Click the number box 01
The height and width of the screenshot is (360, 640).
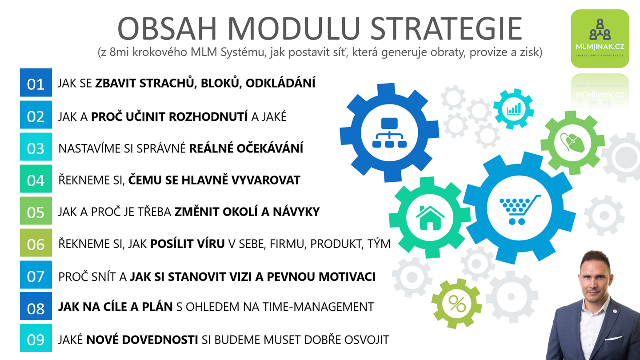[36, 82]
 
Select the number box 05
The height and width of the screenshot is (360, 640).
[36, 211]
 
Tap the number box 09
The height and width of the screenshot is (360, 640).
[36, 338]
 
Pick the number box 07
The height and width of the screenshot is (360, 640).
[36, 275]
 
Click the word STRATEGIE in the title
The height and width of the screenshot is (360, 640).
[446, 28]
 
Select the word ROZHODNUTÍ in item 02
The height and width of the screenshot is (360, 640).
[208, 116]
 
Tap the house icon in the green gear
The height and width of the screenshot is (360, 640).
[430, 218]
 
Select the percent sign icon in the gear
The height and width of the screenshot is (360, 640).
[457, 304]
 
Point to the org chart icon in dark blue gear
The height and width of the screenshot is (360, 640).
[389, 132]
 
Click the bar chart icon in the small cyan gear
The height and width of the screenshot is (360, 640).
[514, 109]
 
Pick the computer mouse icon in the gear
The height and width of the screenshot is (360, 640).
[572, 143]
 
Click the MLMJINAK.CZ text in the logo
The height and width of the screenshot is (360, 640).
[600, 47]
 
